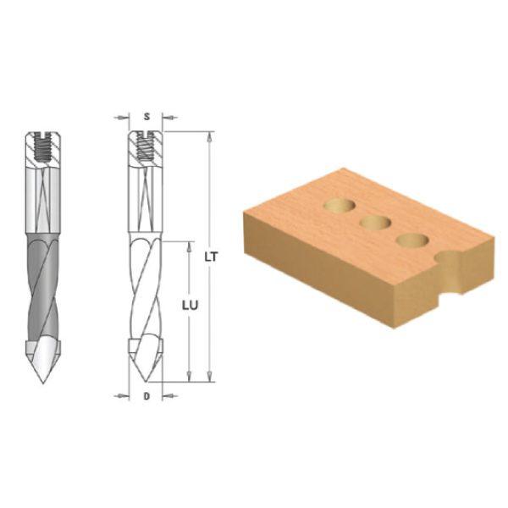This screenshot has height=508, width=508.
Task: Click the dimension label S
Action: click(x=147, y=117)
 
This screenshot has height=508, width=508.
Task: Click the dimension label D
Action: click(x=146, y=396)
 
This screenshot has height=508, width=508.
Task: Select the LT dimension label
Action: click(x=212, y=257)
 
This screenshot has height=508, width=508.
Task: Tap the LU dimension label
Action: click(x=190, y=306)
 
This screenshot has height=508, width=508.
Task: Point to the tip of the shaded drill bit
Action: click(x=43, y=384)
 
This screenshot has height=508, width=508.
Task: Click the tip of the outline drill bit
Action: click(x=146, y=381)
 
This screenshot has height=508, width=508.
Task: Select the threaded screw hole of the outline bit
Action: click(x=145, y=146)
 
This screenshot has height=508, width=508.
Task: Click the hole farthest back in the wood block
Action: click(x=340, y=206)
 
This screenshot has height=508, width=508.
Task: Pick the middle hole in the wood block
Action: click(x=376, y=222)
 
